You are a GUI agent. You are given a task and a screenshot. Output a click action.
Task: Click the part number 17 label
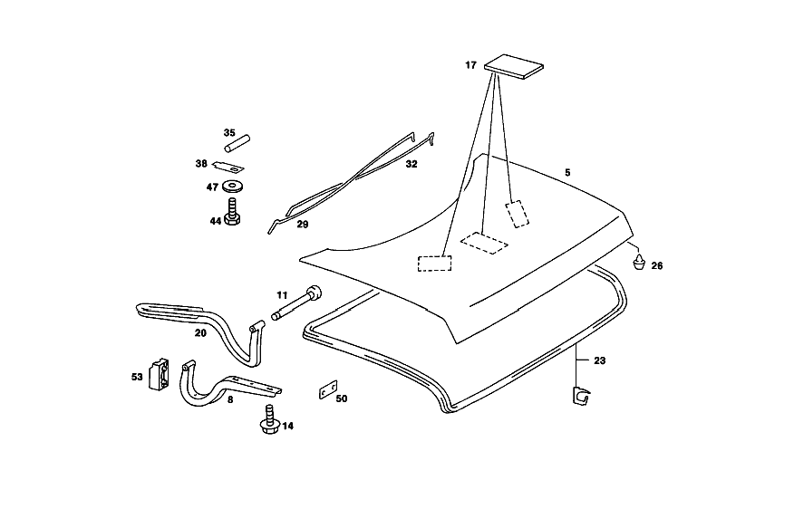click(470, 65)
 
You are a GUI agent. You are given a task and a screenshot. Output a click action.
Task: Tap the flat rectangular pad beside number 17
click(513, 67)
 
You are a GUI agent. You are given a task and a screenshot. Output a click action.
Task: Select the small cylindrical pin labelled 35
click(237, 142)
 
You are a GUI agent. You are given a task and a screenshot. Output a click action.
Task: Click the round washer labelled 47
click(232, 187)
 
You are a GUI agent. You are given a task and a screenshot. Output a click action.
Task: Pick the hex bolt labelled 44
click(232, 212)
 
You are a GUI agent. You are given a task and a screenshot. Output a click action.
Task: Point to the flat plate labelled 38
click(228, 166)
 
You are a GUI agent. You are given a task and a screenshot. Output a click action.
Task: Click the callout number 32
click(412, 164)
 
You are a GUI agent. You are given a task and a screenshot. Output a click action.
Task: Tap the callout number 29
click(303, 224)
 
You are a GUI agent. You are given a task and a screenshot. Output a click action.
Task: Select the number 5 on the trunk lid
click(567, 172)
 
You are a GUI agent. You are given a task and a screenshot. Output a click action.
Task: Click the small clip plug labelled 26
click(640, 262)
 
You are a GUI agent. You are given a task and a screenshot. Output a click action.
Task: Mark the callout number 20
click(200, 332)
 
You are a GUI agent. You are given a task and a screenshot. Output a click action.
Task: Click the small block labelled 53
click(159, 374)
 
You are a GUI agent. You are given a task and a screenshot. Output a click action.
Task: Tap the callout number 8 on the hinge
click(230, 399)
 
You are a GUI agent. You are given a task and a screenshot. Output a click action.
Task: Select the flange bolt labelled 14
click(270, 419)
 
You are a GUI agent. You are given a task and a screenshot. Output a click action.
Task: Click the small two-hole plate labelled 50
click(328, 390)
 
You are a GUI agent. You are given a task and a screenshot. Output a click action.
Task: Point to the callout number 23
click(599, 360)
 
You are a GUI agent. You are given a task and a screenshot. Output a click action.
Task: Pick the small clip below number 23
click(581, 396)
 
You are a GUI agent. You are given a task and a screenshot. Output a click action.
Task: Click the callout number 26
click(657, 265)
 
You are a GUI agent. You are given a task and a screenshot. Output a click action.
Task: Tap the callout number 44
click(216, 221)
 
